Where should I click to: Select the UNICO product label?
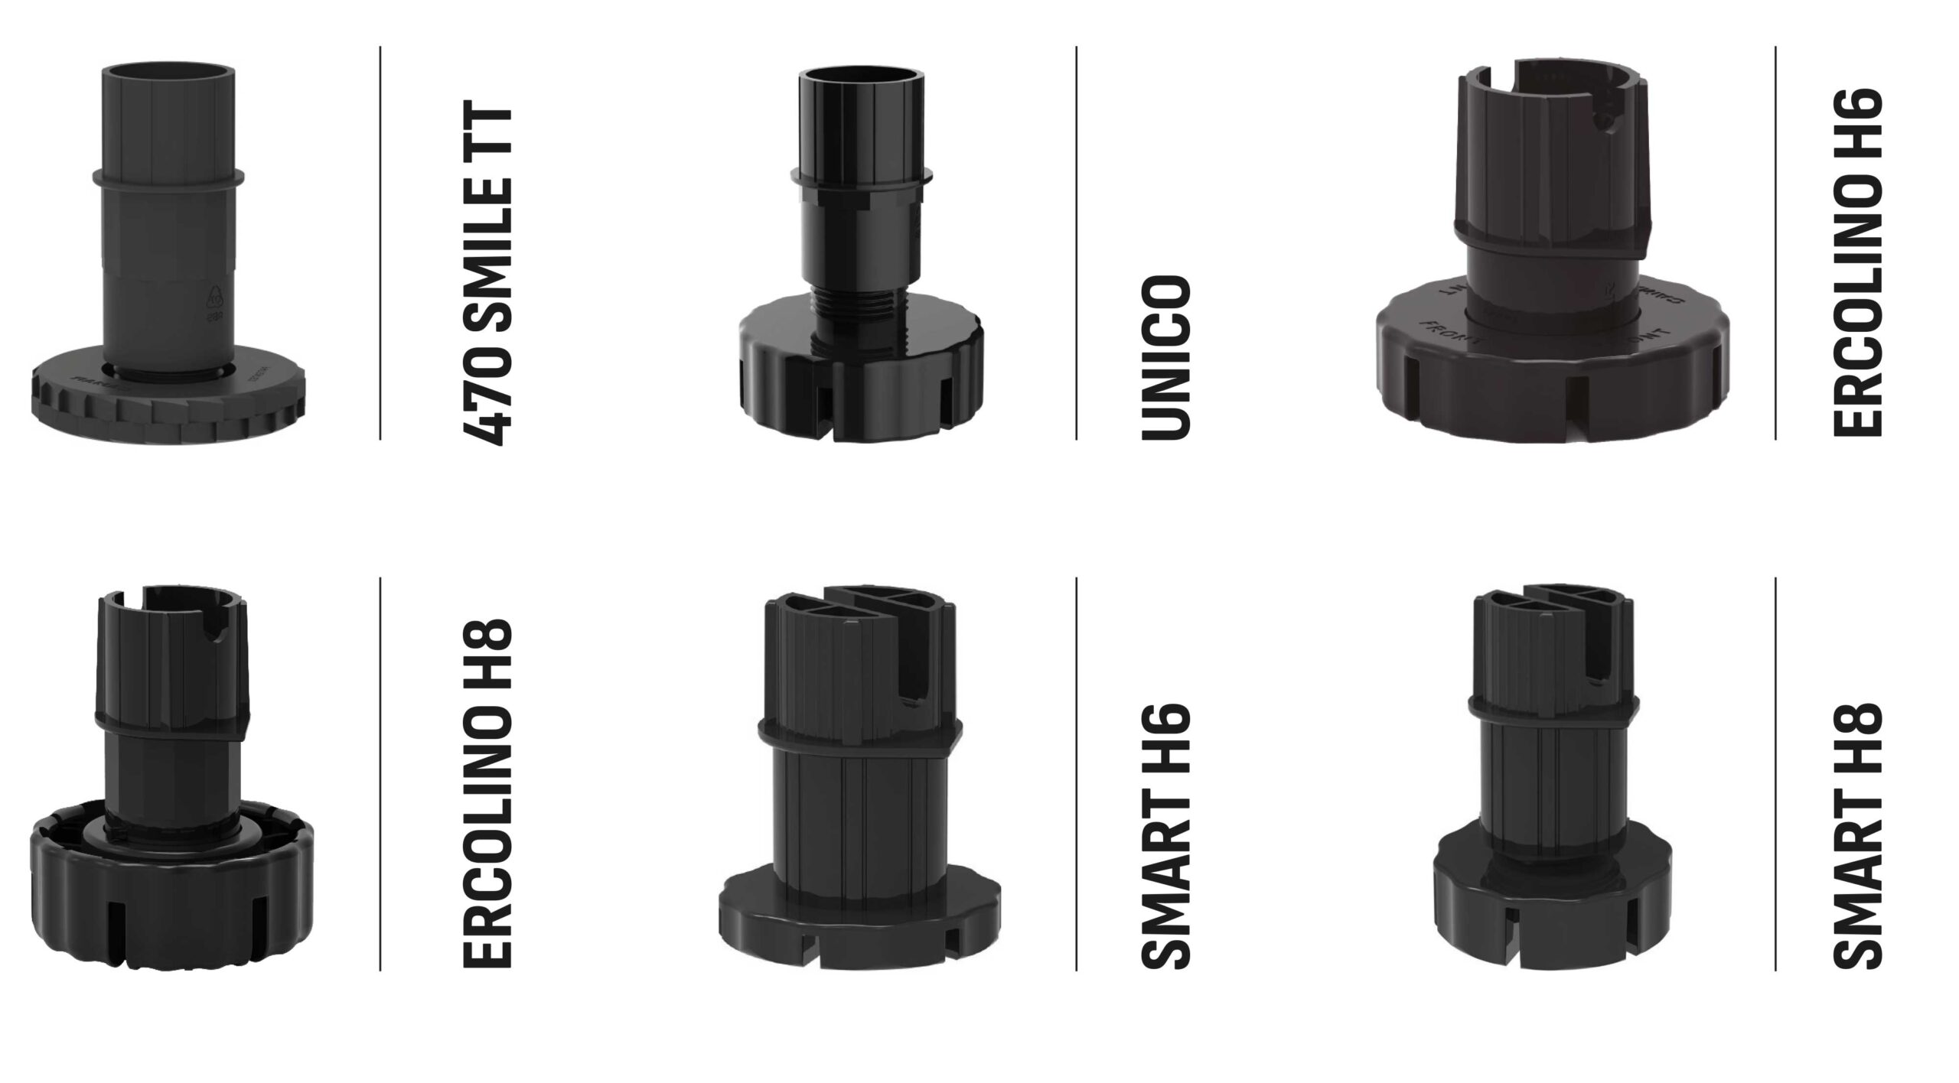click(1166, 358)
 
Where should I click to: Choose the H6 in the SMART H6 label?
click(1166, 740)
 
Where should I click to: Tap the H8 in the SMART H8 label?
click(1857, 740)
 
